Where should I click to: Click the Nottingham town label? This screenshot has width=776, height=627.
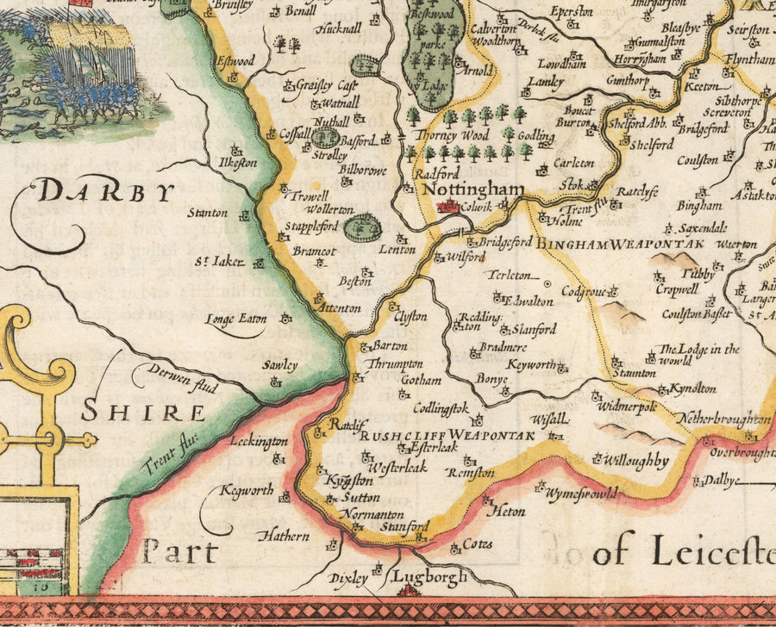pos(476,189)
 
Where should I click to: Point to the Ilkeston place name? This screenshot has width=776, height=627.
pos(239,162)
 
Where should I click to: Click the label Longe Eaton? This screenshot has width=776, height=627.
pos(235,320)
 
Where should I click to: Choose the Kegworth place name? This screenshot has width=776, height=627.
pos(247,491)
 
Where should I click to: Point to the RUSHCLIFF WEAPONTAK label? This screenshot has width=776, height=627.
pos(447,436)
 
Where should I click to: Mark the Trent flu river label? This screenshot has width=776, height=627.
pos(170,453)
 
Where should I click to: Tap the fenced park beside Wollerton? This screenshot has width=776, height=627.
pos(361,228)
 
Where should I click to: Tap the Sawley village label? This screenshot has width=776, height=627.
pos(280,365)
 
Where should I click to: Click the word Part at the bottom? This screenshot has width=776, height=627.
pos(180,551)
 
